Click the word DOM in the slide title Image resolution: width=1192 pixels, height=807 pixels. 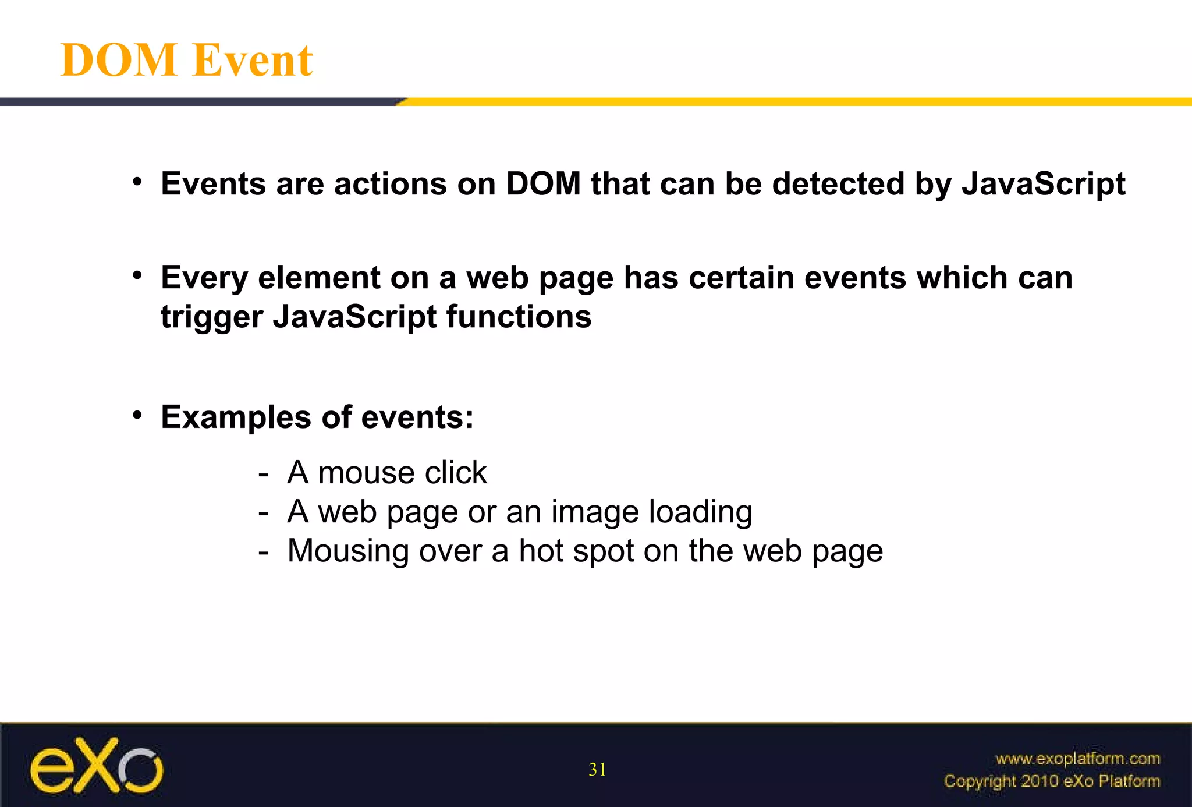pos(119,60)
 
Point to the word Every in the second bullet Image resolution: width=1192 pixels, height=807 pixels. pos(204,278)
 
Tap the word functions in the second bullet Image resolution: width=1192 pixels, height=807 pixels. pos(519,317)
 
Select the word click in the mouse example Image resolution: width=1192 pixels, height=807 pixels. pos(455,472)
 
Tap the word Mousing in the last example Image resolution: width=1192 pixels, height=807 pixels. pos(347,551)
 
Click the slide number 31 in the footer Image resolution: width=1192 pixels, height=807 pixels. pos(597,770)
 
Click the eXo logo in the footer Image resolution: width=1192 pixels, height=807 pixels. pos(97,766)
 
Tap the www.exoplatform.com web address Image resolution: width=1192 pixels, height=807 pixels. pos(1077,759)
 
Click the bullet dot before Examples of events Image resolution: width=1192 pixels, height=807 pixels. pos(137,415)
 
